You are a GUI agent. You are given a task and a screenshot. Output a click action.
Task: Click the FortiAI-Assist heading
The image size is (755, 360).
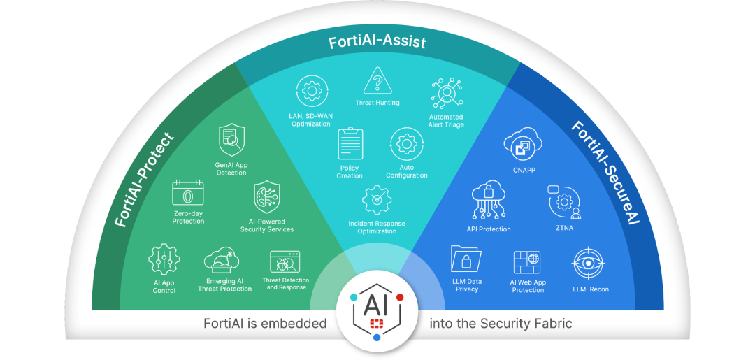[377, 43]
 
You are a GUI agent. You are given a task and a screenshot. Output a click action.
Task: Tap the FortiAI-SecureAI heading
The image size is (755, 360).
[605, 174]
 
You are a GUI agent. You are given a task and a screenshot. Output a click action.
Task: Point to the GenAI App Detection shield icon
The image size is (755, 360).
[231, 139]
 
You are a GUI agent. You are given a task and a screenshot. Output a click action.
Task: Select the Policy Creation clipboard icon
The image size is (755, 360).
[350, 144]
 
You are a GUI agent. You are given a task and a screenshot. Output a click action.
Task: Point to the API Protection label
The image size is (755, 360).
[489, 229]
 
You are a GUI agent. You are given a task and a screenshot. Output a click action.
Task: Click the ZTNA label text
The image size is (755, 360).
[564, 228]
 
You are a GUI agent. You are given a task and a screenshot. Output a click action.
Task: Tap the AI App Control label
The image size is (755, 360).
[164, 287]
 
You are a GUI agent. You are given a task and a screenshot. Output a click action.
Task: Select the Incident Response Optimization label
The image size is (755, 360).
[377, 227]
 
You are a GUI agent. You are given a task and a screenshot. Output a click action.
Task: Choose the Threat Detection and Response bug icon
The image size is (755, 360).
[285, 263]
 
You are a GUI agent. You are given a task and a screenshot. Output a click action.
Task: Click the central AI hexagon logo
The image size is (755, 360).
[377, 308]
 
